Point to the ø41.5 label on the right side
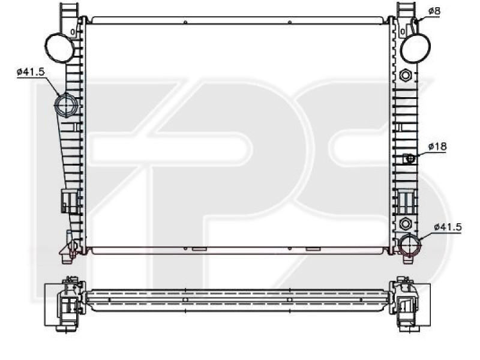click(x=447, y=227)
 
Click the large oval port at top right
click(x=415, y=47)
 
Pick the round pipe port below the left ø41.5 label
click(x=65, y=105)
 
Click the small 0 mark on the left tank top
click(x=73, y=31)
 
